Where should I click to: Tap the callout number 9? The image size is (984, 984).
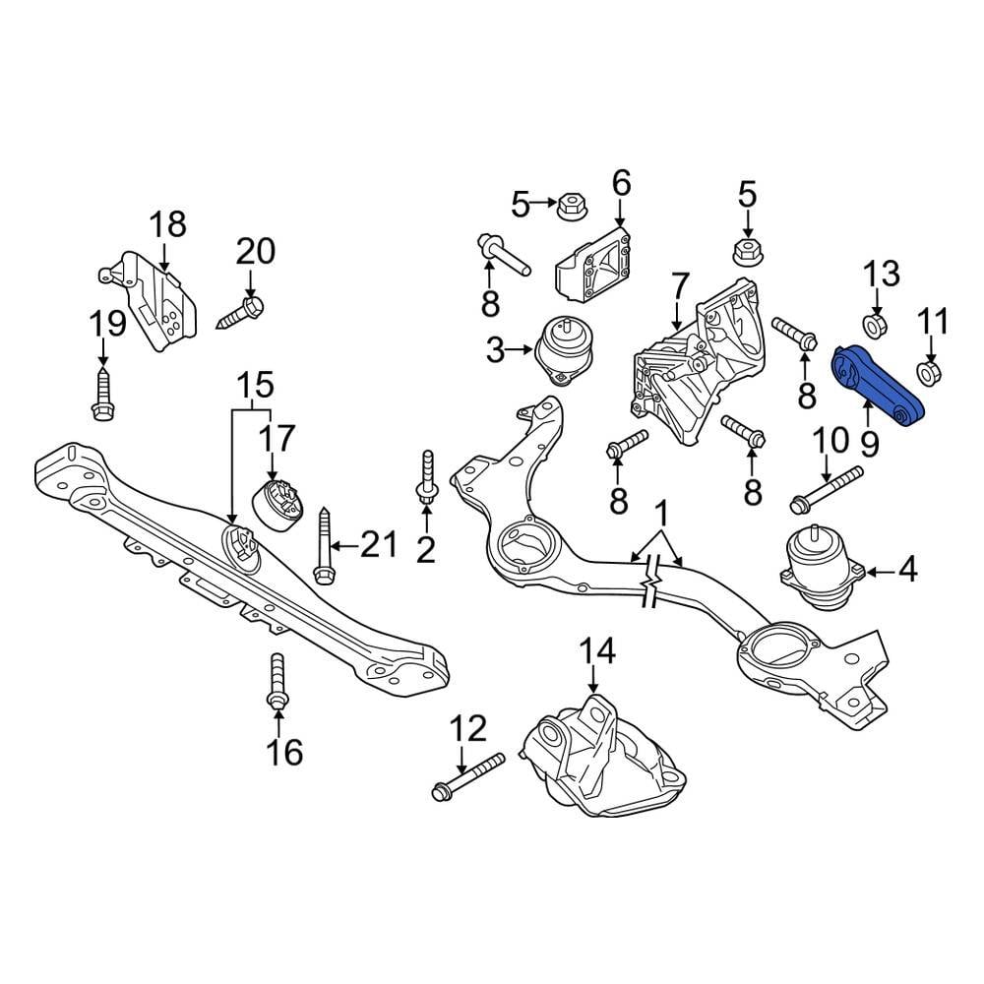pyautogui.click(x=869, y=443)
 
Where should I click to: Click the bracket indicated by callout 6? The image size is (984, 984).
pyautogui.click(x=596, y=264)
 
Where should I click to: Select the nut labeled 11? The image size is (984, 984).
pyautogui.click(x=929, y=373)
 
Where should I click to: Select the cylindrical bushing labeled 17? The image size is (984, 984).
pyautogui.click(x=281, y=503)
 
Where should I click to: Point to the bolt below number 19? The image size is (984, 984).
pyautogui.click(x=101, y=394)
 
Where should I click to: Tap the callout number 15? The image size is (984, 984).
pyautogui.click(x=252, y=384)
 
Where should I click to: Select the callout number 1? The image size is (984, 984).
pyautogui.click(x=662, y=513)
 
